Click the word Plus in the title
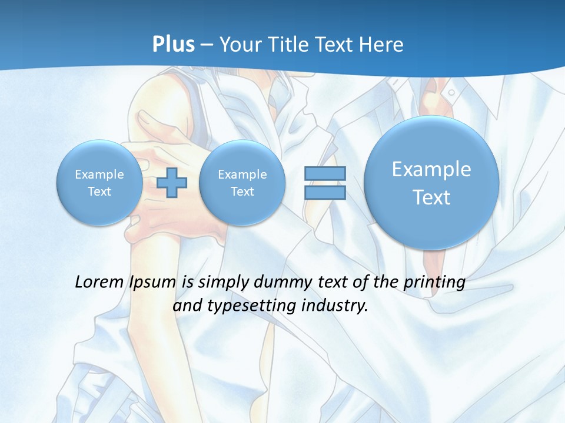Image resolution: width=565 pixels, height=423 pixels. tap(173, 45)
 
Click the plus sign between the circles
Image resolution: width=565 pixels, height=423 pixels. tap(172, 183)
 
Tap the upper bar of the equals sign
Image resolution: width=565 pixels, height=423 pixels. tap(325, 173)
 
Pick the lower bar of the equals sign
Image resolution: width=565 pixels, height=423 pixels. tap(325, 193)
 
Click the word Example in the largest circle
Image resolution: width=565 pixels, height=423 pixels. tap(431, 169)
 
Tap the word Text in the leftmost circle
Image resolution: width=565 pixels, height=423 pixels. tap(99, 191)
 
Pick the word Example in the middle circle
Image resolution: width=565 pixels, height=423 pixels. tap(242, 174)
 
